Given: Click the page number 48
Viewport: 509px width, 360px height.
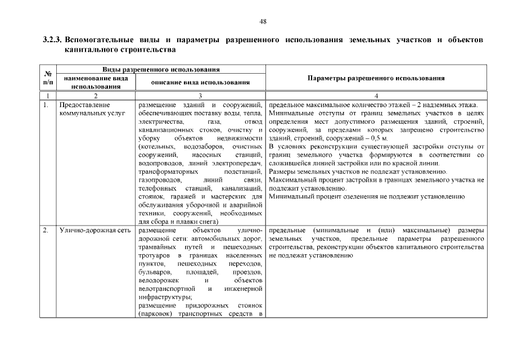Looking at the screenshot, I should point(263,21).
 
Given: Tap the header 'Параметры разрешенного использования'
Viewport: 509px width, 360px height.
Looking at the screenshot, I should point(376,78).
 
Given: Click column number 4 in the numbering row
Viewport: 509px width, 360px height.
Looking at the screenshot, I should point(376,96).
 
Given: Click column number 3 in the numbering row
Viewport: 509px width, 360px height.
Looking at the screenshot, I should point(201,96).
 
